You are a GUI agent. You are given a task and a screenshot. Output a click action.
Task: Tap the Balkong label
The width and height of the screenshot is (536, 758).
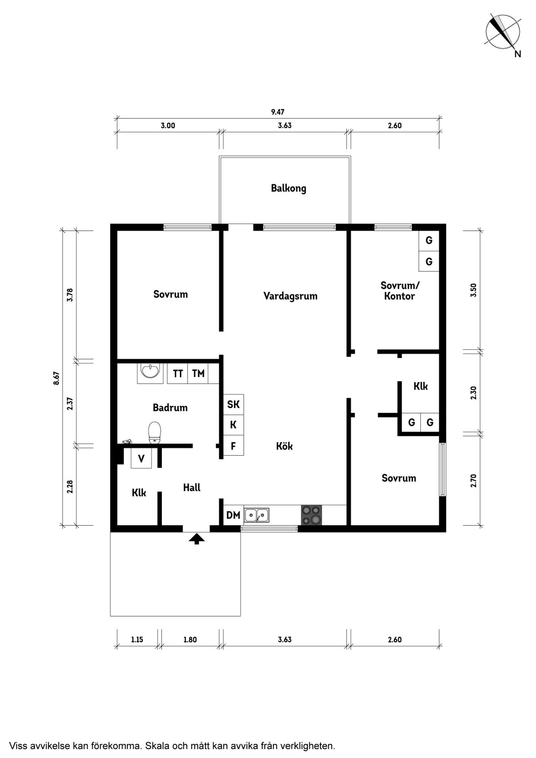coord(288,188)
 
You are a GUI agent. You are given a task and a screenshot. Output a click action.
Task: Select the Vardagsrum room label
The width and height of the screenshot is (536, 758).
coord(290,296)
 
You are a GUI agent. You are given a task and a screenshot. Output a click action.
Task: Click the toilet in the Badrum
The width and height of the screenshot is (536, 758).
coord(154,433)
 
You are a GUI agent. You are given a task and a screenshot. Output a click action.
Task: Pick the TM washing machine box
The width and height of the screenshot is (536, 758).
coord(198,373)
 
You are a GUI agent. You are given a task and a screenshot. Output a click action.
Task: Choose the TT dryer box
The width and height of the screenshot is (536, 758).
coord(178,373)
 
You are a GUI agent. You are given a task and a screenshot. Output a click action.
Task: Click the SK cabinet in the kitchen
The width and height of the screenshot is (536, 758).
coord(233,404)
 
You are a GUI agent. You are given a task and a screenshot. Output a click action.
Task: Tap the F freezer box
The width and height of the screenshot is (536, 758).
coord(233,445)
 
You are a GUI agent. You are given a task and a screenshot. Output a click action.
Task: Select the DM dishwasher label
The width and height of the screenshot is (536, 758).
coord(233,515)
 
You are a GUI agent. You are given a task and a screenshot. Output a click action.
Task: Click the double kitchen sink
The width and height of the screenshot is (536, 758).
coord(257,515)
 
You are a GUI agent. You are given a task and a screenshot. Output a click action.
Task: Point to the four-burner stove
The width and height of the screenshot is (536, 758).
coord(312,515)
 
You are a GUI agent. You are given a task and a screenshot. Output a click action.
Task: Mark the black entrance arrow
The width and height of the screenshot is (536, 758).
coord(197,539)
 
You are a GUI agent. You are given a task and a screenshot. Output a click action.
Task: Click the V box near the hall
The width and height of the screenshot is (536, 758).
coord(141,458)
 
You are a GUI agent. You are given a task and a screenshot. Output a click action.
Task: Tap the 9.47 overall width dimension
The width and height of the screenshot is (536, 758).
coord(278,112)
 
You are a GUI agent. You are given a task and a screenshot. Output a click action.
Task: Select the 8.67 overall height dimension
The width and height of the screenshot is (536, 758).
coord(56,378)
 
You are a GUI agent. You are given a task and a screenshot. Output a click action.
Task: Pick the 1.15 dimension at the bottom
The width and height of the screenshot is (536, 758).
coord(137,640)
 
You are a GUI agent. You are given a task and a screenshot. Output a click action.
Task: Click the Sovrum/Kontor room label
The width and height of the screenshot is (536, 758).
coord(400,291)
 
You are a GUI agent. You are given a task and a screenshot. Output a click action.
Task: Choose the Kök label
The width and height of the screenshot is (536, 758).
coord(284,446)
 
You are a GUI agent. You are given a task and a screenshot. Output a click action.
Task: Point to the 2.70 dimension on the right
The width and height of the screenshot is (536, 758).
coord(473,480)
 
